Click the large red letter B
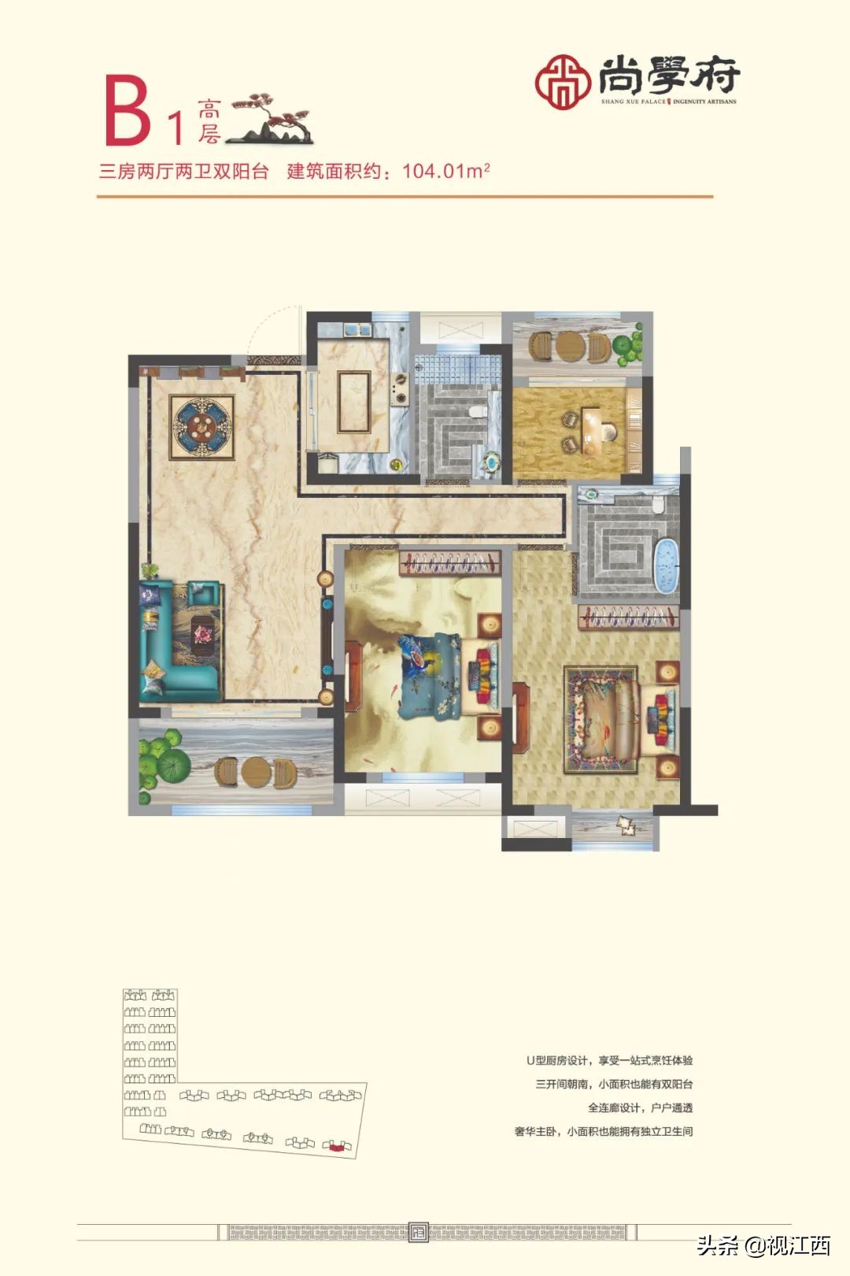coord(128,112)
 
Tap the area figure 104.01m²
coord(446,170)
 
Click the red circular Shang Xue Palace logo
coord(563,81)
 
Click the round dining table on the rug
coord(201,427)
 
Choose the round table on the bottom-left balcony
coord(257,772)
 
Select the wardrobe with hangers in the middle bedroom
coord(450,563)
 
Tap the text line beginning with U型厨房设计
coord(609,1061)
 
